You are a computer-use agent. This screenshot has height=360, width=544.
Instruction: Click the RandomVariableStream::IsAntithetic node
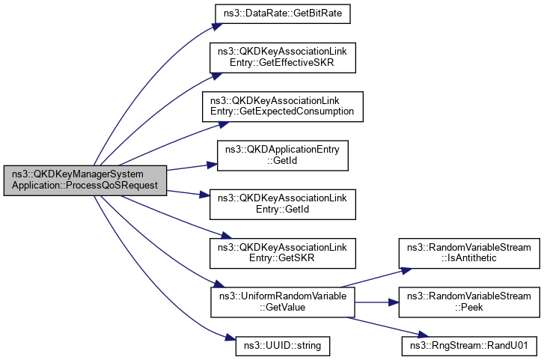point(468,253)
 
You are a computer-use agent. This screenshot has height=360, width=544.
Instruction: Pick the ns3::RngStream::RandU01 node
point(468,347)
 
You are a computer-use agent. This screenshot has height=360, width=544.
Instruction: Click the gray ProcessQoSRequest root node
point(84,180)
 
